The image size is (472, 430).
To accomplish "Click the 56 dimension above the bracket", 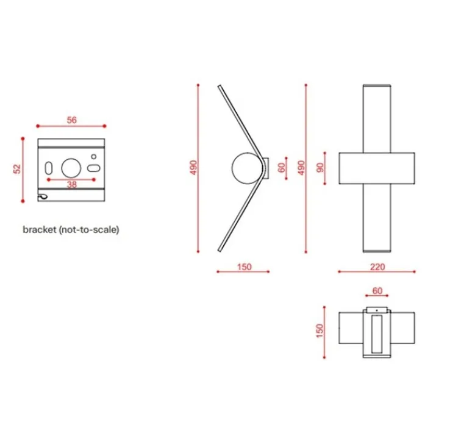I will [x=71, y=120].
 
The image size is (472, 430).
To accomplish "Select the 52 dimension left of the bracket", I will [x=17, y=169].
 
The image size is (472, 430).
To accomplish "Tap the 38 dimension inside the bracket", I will [x=71, y=185].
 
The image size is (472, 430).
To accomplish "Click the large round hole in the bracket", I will [x=71, y=167].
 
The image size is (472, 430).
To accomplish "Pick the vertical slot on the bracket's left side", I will [x=48, y=168].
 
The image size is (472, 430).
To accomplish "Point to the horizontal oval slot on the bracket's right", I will [x=94, y=168].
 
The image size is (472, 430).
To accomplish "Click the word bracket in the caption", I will [x=38, y=230].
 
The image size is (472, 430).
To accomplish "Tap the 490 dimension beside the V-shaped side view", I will [x=193, y=168].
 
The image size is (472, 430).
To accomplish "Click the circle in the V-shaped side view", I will [x=245, y=168].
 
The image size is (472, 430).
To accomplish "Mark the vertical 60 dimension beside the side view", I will [x=282, y=168].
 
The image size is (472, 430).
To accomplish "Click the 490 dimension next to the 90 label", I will [x=300, y=168].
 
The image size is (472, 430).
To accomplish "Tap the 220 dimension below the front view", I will [x=376, y=267].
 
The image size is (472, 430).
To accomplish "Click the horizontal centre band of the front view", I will [x=376, y=168].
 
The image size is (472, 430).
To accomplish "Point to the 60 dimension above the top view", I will [x=376, y=292].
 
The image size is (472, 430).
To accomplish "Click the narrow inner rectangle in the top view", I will [x=376, y=334].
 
